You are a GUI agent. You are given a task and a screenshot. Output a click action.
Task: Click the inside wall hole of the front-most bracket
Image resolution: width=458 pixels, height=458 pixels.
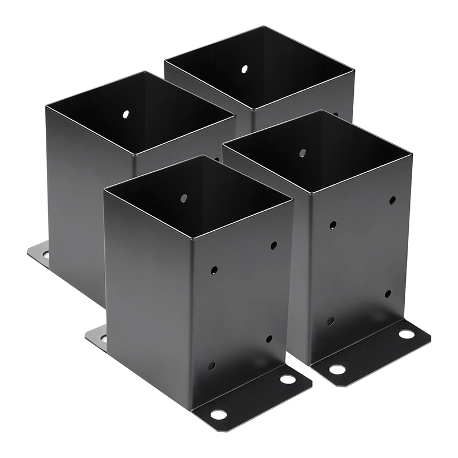tap(184, 198)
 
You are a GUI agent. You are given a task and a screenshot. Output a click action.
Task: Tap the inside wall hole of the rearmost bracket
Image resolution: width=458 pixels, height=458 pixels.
tap(244, 69)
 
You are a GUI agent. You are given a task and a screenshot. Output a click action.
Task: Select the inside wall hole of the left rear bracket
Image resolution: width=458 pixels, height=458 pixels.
tap(125, 114)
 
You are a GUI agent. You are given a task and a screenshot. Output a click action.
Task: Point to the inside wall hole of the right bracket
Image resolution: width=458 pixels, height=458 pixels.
tap(303, 153)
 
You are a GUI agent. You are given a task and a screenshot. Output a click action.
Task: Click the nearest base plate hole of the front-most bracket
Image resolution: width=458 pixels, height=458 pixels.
tap(218, 414)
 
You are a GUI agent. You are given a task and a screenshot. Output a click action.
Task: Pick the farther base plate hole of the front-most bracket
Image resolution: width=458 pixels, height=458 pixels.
tap(287, 379)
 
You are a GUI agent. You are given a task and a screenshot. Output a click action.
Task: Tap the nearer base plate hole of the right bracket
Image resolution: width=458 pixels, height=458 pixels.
tap(337, 370)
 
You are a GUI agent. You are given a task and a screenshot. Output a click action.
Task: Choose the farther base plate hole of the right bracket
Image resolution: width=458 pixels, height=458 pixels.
tap(406, 334)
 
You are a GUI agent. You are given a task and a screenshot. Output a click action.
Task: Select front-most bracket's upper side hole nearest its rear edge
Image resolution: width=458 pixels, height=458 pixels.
tap(274, 245)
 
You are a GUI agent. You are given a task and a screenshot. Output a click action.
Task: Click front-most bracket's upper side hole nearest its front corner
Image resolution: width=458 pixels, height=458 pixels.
tap(214, 269)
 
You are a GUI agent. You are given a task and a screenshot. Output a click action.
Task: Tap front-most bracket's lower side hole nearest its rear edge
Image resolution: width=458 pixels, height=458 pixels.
tap(269, 339)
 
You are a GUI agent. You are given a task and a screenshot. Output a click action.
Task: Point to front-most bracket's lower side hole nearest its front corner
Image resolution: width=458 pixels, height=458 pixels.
tap(211, 366)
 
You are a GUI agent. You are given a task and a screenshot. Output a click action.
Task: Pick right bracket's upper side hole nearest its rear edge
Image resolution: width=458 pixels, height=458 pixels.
tap(392, 200)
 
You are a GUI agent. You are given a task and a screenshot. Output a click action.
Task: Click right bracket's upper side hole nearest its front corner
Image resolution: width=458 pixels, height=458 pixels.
tap(333, 225)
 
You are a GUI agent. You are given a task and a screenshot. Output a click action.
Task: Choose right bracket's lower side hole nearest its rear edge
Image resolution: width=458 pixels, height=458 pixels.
tap(388, 294)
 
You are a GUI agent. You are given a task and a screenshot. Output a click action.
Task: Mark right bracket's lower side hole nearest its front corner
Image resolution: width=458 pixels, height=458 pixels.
tap(330, 321)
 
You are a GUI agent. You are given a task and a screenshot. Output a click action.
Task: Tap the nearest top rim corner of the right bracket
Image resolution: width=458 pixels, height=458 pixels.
tap(310, 192)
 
